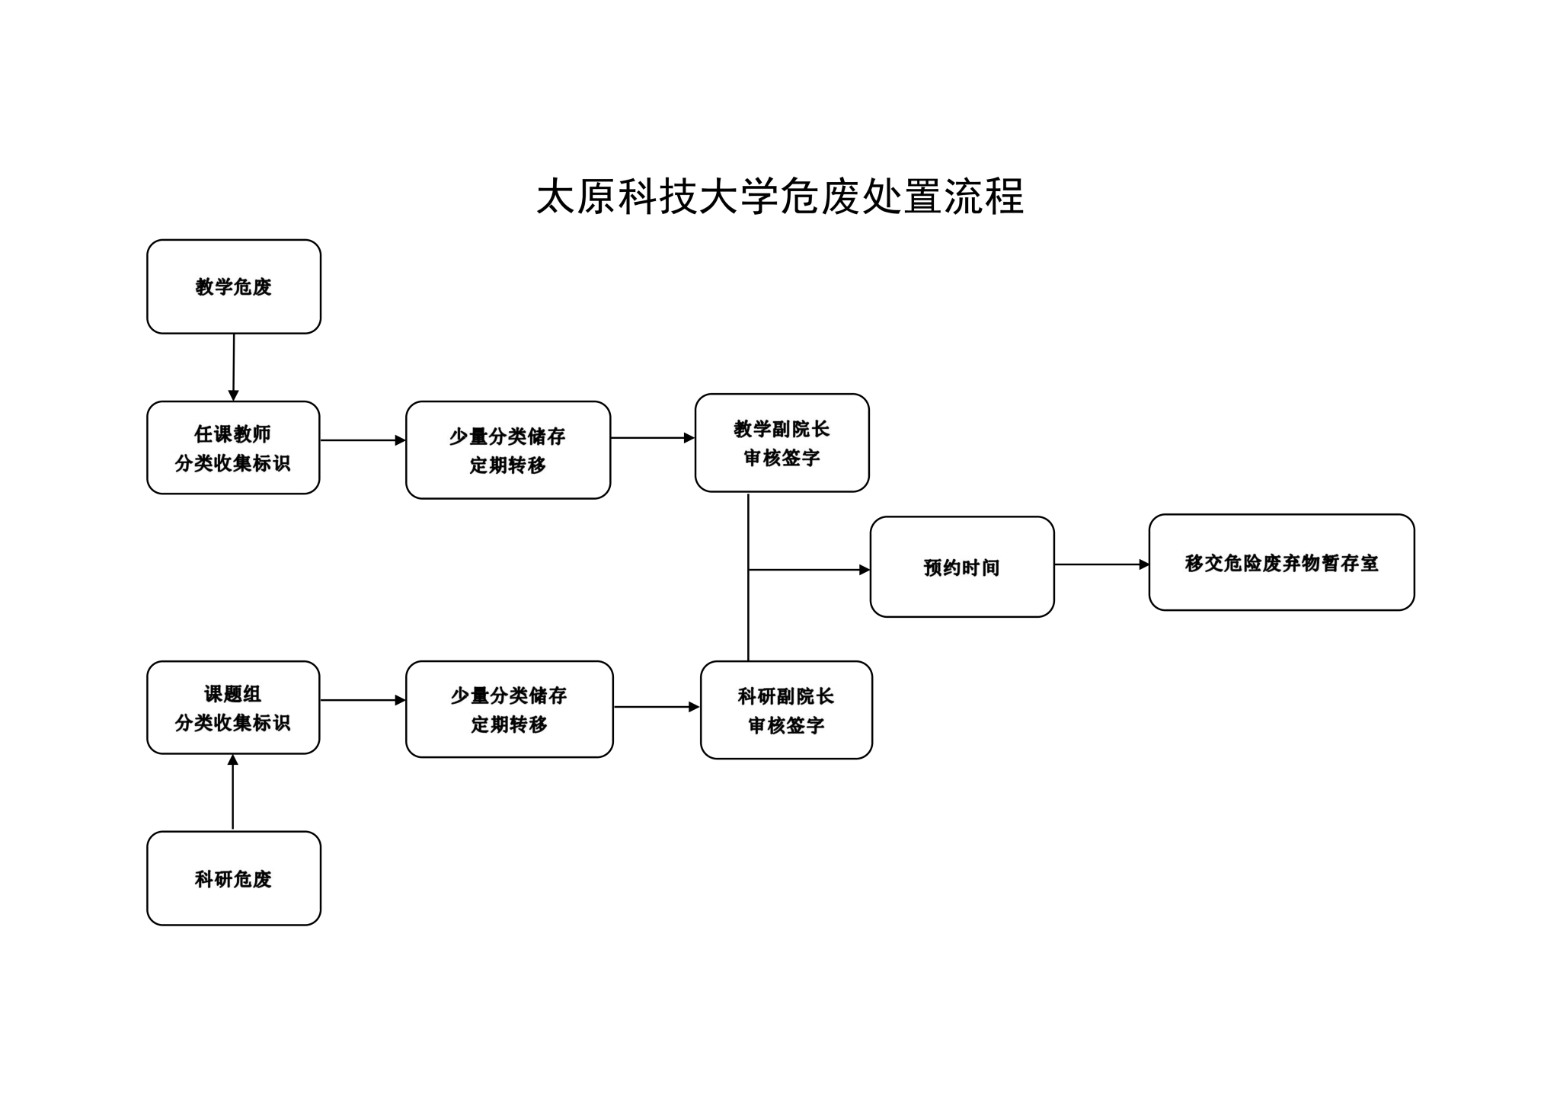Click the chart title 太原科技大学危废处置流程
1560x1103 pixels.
coord(780,197)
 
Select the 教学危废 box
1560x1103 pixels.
coord(234,286)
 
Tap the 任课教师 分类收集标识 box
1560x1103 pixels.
coord(233,448)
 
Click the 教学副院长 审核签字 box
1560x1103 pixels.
coord(782,443)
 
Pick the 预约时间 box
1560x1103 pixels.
coord(962,567)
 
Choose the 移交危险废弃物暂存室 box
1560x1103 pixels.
coord(1282,562)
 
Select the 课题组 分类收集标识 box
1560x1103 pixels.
coord(233,708)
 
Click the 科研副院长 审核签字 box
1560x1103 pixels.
coord(786,710)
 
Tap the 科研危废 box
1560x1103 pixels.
coord(234,878)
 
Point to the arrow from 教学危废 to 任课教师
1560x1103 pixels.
coord(234,367)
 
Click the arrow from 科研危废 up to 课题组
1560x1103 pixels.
coord(233,792)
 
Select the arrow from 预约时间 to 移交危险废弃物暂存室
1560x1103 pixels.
coord(1102,564)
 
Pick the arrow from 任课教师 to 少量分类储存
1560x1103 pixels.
coord(363,440)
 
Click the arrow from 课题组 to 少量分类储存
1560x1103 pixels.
coord(363,700)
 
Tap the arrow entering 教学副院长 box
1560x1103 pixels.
coord(653,438)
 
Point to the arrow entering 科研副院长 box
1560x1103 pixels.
coord(657,707)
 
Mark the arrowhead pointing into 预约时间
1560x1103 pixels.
coord(865,570)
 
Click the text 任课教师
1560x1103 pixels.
coord(233,434)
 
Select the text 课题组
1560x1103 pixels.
coord(233,694)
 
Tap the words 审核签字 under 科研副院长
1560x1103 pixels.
coord(786,725)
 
